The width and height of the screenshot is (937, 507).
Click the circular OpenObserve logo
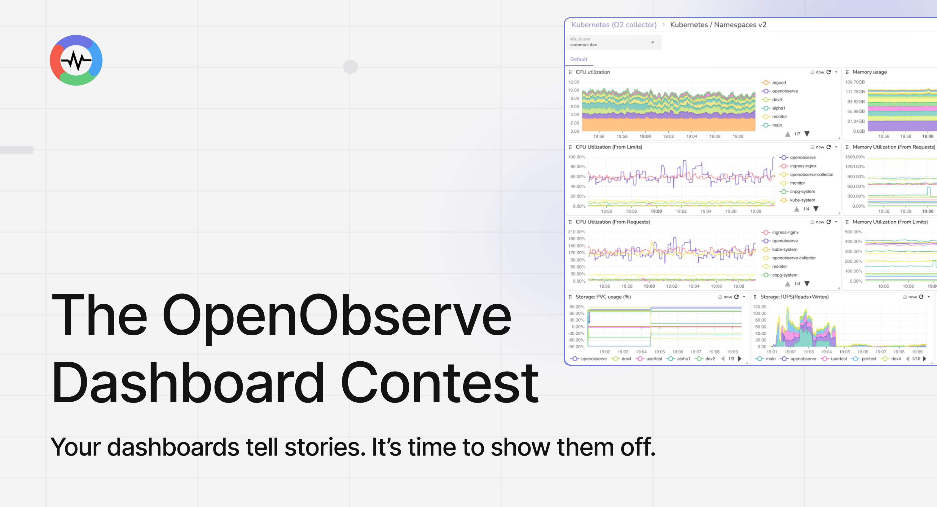(x=76, y=60)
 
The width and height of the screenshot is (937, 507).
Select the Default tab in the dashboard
(x=578, y=59)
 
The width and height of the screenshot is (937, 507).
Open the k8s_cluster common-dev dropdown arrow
(x=653, y=42)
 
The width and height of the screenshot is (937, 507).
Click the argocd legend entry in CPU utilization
(x=778, y=82)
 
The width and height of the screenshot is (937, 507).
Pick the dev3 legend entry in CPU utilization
(x=776, y=100)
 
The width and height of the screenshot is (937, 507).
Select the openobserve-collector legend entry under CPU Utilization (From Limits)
(x=811, y=174)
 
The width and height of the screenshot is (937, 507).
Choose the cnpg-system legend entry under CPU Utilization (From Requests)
(x=784, y=275)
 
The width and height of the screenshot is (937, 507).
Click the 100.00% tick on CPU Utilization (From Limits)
(x=577, y=157)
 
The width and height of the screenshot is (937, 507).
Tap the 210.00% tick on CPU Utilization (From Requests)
(x=577, y=232)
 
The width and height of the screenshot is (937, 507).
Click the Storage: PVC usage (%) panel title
(x=603, y=297)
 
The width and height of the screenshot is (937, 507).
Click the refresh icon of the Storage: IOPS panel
(x=921, y=297)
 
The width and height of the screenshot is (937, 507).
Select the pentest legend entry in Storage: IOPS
(x=869, y=359)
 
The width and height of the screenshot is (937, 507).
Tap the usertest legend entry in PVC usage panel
(x=654, y=359)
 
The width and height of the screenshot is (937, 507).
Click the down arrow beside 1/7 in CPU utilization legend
(x=807, y=134)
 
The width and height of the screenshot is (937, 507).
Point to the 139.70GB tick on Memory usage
(x=855, y=82)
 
